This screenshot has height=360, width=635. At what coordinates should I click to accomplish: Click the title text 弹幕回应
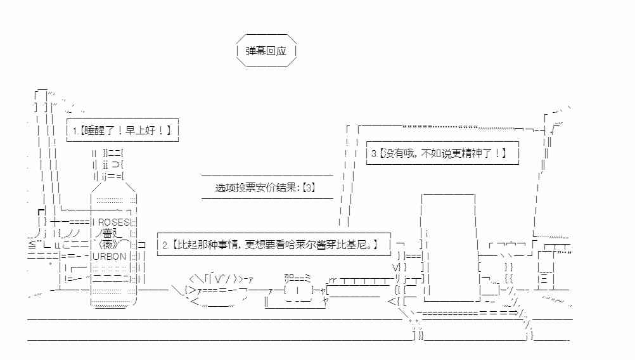[266, 51]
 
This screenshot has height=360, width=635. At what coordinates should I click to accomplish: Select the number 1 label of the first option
[75, 131]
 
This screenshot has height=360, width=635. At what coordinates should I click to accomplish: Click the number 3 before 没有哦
[374, 153]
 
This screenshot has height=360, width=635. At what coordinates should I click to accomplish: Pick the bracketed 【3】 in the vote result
[309, 188]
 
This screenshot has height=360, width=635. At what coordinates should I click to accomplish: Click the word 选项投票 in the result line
[236, 188]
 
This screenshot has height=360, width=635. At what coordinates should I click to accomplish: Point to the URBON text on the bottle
[110, 256]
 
